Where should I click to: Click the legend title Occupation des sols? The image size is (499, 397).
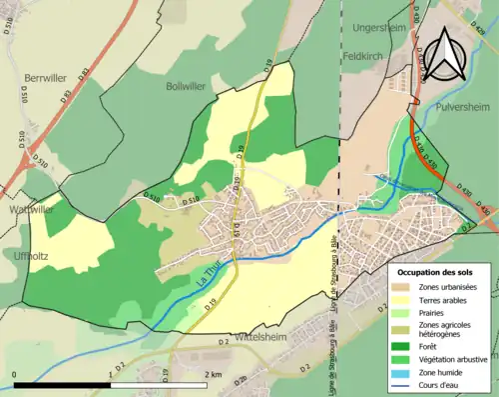[435, 272]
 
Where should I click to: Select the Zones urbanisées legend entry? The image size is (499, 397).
[446, 287]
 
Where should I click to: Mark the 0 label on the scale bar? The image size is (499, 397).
[15, 374]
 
